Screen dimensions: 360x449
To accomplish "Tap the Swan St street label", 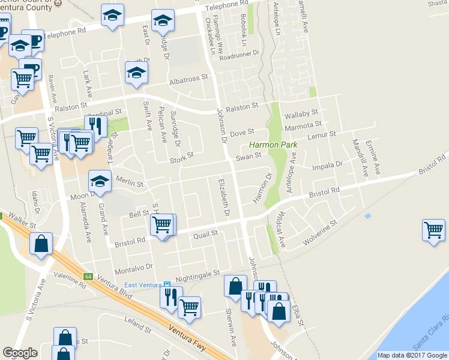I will point(249,157).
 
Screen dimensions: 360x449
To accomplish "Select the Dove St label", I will point(243,131).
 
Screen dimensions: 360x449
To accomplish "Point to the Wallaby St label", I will point(301,113).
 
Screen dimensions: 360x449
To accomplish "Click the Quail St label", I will point(205,235).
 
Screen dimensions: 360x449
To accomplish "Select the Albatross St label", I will point(188,78).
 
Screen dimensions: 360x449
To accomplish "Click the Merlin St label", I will point(131,184).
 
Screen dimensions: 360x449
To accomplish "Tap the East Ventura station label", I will point(143,284).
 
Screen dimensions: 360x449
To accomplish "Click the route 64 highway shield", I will point(88,277).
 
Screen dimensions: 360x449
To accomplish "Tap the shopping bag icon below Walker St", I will point(40,244).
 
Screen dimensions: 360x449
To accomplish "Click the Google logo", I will point(20,353).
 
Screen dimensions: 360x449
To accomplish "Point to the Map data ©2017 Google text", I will point(412,355).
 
